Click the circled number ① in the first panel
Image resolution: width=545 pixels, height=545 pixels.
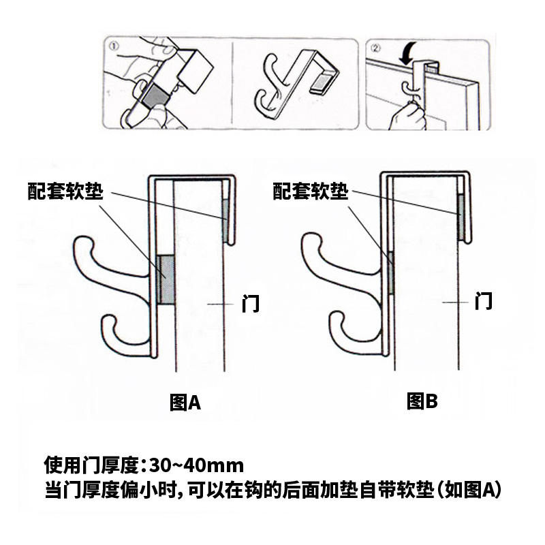(x=114, y=46)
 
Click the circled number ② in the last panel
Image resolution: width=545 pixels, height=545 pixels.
(x=375, y=48)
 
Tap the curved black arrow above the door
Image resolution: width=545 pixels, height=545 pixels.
(x=407, y=53)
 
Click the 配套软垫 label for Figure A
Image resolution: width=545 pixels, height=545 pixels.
(x=65, y=191)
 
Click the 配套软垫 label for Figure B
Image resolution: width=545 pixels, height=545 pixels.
(x=311, y=191)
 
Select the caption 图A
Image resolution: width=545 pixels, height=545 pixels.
(x=185, y=403)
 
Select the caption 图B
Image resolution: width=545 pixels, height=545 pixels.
(x=422, y=401)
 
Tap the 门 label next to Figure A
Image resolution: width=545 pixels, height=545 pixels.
(x=251, y=303)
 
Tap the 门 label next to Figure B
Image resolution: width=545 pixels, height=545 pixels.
(x=484, y=301)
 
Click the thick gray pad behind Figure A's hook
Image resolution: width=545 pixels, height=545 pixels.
(x=166, y=280)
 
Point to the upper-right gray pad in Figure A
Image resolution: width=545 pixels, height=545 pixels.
(x=225, y=221)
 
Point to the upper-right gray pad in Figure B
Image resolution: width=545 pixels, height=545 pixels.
(x=461, y=217)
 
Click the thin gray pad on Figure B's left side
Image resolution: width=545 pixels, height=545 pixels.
(x=390, y=273)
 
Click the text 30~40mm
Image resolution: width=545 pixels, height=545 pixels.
(x=197, y=465)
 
